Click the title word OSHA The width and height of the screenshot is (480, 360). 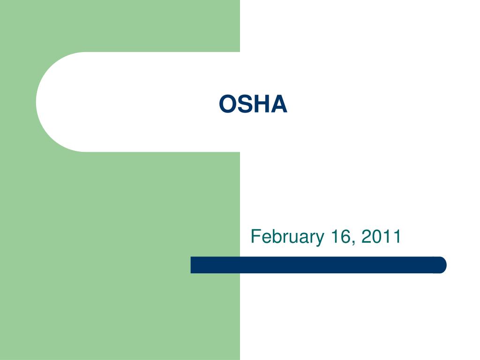(253, 104)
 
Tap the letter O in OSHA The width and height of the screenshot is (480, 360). (227, 104)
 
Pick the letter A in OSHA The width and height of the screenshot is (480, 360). (278, 104)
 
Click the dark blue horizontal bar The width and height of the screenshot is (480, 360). (319, 265)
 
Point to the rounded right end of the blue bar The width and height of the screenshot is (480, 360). (442, 265)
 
